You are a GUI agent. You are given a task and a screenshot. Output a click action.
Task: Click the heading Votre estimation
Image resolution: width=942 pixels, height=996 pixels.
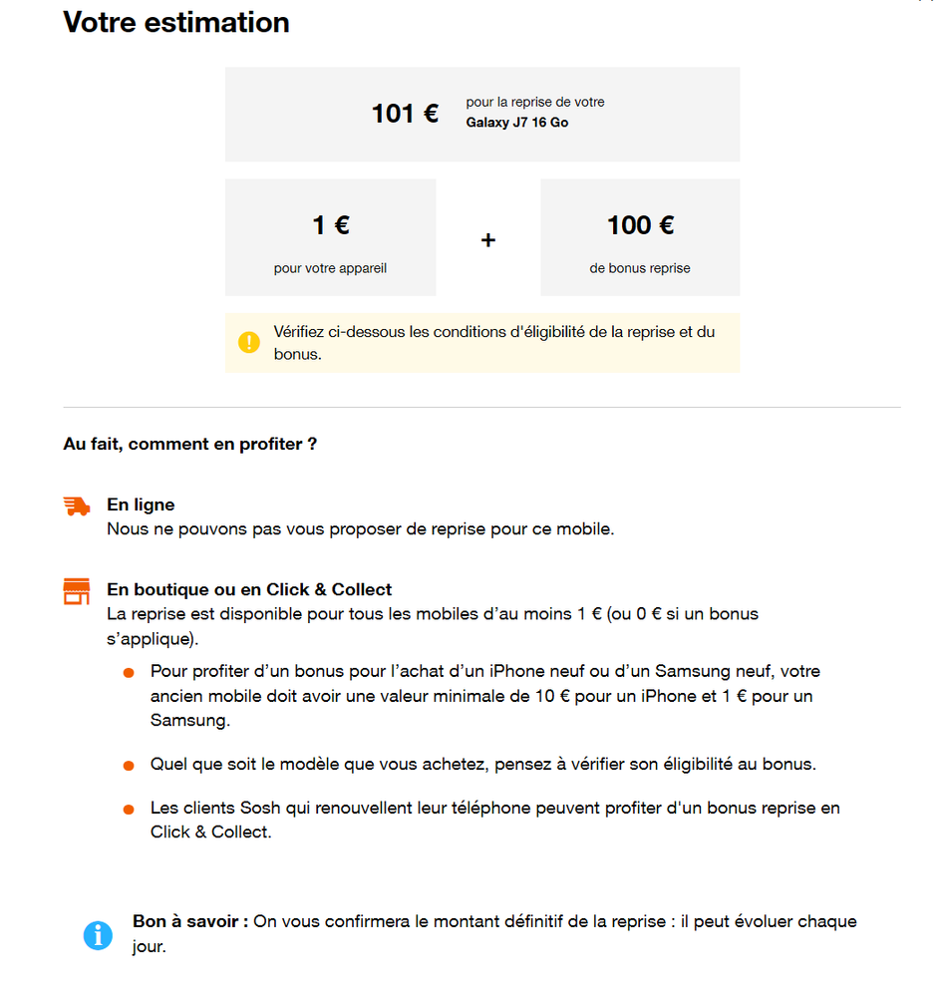[176, 23]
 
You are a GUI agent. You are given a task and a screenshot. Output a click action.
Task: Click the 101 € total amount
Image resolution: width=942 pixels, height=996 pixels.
[405, 114]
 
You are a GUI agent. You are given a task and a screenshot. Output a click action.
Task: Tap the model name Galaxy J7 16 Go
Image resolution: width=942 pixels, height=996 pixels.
[516, 123]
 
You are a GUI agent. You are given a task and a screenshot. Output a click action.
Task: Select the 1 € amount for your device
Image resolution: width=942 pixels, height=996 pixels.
[331, 226]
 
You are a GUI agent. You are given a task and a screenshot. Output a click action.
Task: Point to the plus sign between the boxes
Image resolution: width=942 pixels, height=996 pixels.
[488, 240]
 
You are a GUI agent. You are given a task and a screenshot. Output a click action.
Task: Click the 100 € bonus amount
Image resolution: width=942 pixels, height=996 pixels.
[640, 225]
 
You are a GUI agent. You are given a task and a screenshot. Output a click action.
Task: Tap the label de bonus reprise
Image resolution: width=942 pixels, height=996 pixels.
[640, 268]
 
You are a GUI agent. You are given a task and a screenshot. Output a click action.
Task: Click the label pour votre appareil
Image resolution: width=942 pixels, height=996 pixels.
[330, 268]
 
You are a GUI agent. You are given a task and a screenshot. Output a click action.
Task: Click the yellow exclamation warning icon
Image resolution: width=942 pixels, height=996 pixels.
[249, 343]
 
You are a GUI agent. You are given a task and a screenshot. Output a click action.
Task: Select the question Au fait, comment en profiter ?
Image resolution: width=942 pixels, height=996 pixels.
[189, 444]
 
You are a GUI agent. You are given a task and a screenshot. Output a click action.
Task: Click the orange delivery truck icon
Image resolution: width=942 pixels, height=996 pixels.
[77, 506]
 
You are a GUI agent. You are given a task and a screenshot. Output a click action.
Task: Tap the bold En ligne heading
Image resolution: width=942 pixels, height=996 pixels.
[141, 505]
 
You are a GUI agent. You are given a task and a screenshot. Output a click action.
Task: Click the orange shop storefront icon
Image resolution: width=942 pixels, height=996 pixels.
[77, 592]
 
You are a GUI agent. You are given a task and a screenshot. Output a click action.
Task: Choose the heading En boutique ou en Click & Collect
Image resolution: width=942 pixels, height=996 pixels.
[249, 589]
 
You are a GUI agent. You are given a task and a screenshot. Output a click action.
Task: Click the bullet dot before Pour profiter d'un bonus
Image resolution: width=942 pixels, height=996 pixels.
[129, 674]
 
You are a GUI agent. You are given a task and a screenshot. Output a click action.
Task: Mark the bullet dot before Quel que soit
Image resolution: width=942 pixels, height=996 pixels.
[129, 766]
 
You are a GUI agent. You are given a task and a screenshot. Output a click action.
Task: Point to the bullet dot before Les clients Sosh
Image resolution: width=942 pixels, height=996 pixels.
[129, 810]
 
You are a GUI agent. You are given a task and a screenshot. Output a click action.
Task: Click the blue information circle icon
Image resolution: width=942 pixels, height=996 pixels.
[98, 935]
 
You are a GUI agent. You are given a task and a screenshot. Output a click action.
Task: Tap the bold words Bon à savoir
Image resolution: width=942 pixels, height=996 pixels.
[189, 922]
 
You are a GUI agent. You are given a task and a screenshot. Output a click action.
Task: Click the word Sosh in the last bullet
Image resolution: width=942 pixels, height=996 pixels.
[261, 808]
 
